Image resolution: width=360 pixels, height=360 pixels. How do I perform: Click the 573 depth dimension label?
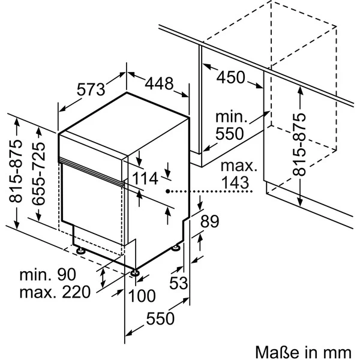click(91, 90)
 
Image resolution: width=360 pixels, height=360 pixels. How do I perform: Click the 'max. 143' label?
click(238, 175)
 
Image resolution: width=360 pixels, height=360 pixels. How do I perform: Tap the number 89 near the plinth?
click(208, 221)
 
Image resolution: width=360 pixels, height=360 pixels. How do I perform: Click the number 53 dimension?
click(178, 283)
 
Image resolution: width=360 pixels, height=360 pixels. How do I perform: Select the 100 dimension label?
click(142, 296)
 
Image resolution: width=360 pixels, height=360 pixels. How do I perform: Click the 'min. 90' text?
click(48, 275)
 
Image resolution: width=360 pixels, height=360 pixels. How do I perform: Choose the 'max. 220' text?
click(55, 293)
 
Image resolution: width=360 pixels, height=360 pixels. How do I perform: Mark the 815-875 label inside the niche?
click(299, 142)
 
